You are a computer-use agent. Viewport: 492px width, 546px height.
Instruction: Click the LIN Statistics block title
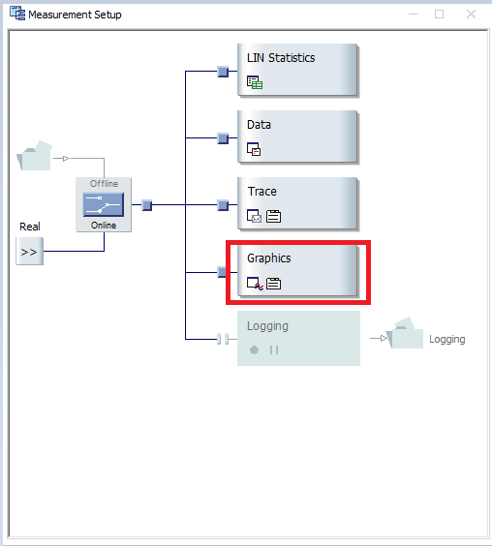281,58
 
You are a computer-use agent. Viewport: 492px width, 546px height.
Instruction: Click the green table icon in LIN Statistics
255,82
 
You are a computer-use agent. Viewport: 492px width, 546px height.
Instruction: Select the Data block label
259,125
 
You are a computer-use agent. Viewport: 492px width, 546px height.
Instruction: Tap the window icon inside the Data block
254,149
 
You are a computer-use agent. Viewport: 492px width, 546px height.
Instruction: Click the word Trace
262,192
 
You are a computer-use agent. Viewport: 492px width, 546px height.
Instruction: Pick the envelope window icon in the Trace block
254,216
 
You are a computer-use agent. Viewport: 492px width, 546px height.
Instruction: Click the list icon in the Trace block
273,216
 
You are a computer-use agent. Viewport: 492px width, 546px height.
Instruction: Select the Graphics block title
268,258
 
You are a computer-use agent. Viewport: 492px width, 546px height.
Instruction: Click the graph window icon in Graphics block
255,284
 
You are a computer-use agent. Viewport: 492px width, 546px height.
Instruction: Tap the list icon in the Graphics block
273,284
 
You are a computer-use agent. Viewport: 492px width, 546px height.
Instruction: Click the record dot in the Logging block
255,349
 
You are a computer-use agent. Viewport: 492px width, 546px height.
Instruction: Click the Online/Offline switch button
104,205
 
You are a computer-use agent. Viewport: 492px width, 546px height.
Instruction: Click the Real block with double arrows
30,251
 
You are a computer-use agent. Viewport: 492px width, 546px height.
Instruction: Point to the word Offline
104,184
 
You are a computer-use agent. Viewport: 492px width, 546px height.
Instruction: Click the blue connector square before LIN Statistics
223,72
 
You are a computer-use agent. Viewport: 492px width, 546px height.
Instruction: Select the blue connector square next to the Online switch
146,205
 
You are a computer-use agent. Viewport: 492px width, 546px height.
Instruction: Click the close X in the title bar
471,15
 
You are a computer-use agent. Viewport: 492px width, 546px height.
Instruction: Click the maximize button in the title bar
439,15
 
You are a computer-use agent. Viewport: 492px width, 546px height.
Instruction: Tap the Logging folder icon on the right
405,333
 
